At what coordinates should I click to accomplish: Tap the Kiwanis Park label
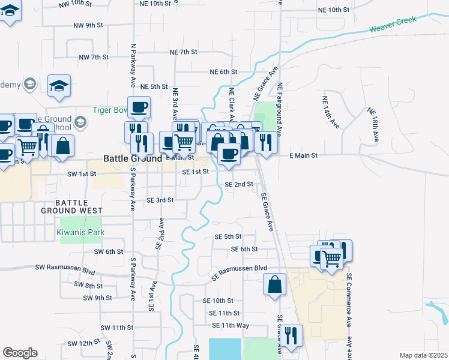coord(81,232)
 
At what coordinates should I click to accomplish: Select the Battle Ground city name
coord(133,158)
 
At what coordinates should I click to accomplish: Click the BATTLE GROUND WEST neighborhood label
coord(71,207)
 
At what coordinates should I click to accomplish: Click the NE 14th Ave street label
coord(331,113)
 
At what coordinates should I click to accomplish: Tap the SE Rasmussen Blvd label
coord(240,272)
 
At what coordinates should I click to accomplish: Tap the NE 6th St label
coord(224,72)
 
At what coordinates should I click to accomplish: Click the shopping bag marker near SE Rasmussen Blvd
coord(274,284)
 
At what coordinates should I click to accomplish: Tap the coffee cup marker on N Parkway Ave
coord(139,107)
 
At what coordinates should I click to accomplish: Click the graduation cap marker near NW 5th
coord(59,86)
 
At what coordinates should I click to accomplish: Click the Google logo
coord(20,353)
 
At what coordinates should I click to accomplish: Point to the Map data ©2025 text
coord(423,355)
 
